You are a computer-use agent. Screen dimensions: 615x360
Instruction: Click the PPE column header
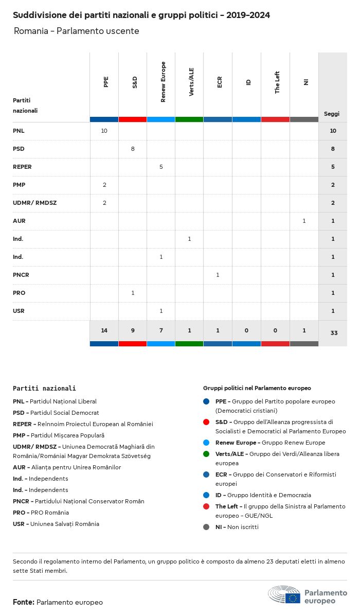point(106,82)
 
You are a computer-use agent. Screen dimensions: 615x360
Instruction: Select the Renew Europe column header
point(163,82)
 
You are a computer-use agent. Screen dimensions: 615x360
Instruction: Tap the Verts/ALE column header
point(191,82)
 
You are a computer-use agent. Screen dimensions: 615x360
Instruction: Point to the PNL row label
point(19,131)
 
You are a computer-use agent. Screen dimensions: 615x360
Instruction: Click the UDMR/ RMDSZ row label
point(34,203)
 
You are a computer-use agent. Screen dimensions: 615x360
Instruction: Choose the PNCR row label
point(21,275)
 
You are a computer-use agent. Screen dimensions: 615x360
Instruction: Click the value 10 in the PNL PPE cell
point(104,131)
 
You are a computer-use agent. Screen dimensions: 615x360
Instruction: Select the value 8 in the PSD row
point(133,149)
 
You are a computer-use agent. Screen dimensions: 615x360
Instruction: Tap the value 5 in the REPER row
point(161,167)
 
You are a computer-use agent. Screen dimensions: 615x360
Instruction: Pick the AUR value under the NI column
point(304,221)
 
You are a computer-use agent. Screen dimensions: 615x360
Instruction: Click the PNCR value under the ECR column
point(218,275)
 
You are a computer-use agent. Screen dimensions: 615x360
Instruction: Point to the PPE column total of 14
point(104,330)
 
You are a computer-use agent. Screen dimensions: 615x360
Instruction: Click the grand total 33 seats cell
point(334,333)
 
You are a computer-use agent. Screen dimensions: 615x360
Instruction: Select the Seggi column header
point(332,114)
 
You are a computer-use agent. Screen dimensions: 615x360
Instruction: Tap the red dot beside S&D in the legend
point(206,422)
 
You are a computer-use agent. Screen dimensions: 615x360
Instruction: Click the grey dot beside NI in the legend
point(206,527)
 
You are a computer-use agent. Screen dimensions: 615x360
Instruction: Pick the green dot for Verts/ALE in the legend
point(206,454)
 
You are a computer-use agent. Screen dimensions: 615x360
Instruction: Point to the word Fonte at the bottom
point(24,602)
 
